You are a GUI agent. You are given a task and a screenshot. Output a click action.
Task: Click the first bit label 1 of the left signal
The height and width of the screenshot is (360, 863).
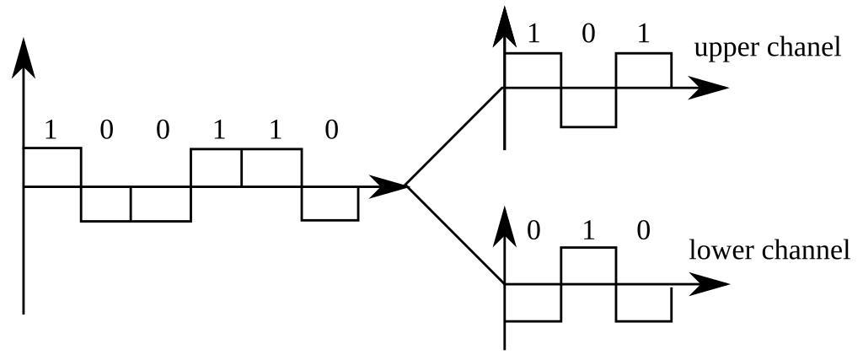(x=51, y=130)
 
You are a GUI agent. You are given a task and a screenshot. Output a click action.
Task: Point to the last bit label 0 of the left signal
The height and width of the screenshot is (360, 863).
(x=331, y=130)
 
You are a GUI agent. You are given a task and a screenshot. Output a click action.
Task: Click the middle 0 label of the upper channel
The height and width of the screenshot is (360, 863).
(x=588, y=34)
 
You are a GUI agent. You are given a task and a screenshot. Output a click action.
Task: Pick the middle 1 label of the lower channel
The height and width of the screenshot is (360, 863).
(x=588, y=230)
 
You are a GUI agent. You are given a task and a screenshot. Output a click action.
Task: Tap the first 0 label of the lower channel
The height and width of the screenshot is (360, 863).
(x=533, y=230)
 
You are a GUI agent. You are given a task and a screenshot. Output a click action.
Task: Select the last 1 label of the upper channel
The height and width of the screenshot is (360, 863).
(x=645, y=34)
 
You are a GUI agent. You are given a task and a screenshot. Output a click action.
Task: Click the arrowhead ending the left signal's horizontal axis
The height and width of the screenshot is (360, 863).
(x=389, y=186)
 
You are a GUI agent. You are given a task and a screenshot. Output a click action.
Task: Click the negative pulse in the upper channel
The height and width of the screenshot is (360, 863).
(x=588, y=107)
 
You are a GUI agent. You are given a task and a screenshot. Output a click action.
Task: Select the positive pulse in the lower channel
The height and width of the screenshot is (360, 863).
(x=588, y=266)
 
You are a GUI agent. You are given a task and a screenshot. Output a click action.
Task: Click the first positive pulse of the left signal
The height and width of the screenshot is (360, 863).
(x=52, y=167)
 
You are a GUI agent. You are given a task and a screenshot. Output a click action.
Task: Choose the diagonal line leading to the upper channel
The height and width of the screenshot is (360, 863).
(x=455, y=137)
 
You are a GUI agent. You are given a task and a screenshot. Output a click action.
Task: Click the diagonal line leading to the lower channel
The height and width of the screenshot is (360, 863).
(x=455, y=235)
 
